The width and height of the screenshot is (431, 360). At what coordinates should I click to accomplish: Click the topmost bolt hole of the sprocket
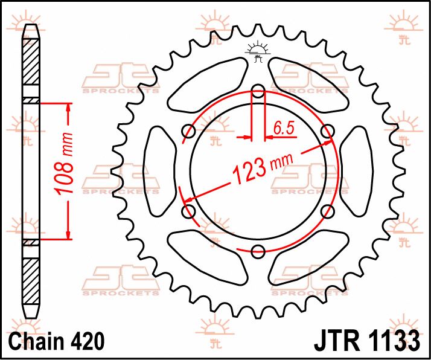point(258,93)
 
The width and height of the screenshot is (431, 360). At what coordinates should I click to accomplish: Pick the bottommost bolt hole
point(258,251)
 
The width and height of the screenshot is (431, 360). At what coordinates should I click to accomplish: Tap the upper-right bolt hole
point(328,132)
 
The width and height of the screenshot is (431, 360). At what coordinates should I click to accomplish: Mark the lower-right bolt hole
point(328,211)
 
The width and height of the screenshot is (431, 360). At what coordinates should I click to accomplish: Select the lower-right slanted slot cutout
point(310,259)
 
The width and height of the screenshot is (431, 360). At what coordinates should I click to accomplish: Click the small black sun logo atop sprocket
point(258,52)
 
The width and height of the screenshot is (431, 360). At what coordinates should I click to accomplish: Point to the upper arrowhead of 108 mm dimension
point(68,108)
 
